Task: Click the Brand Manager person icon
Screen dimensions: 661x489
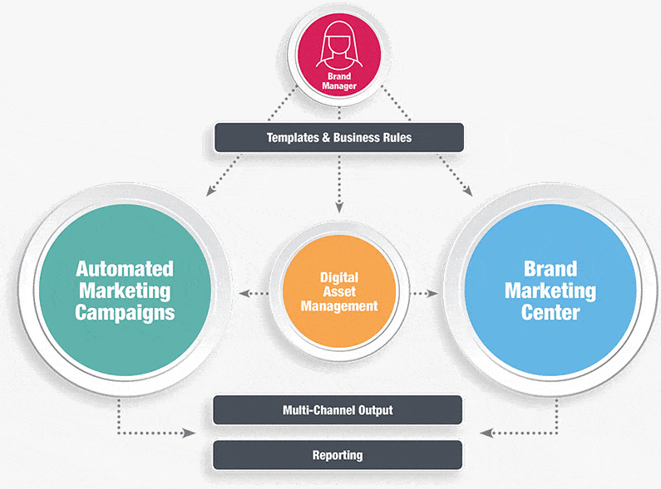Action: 339,45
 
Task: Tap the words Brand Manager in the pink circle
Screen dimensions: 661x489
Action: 339,81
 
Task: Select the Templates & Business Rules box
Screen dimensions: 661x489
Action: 339,138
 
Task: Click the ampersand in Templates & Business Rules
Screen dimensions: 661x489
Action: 326,138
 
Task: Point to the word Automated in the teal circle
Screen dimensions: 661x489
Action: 125,269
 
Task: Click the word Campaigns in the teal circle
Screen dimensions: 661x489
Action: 125,314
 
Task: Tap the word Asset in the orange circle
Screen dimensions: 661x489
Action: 339,291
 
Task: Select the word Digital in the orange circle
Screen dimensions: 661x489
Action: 339,278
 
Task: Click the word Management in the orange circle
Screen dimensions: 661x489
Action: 339,306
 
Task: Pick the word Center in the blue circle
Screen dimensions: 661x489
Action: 550,313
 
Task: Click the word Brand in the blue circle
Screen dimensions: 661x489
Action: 550,269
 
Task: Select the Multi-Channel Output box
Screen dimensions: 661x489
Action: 338,410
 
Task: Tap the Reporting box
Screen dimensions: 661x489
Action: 338,455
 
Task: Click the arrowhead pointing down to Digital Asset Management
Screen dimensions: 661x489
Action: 339,208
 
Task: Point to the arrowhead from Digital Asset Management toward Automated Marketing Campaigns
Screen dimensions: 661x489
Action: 244,293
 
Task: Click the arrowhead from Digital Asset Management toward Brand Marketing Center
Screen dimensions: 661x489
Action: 432,293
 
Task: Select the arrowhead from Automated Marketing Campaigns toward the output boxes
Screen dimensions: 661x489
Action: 189,433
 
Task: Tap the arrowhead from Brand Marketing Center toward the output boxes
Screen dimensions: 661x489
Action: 486,433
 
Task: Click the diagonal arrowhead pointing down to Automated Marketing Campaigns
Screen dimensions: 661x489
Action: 211,191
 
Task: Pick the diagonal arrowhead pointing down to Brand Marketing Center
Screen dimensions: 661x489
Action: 467,191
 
